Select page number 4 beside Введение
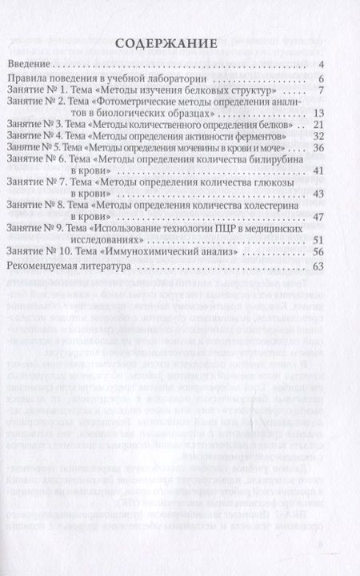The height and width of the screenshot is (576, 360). (319, 64)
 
